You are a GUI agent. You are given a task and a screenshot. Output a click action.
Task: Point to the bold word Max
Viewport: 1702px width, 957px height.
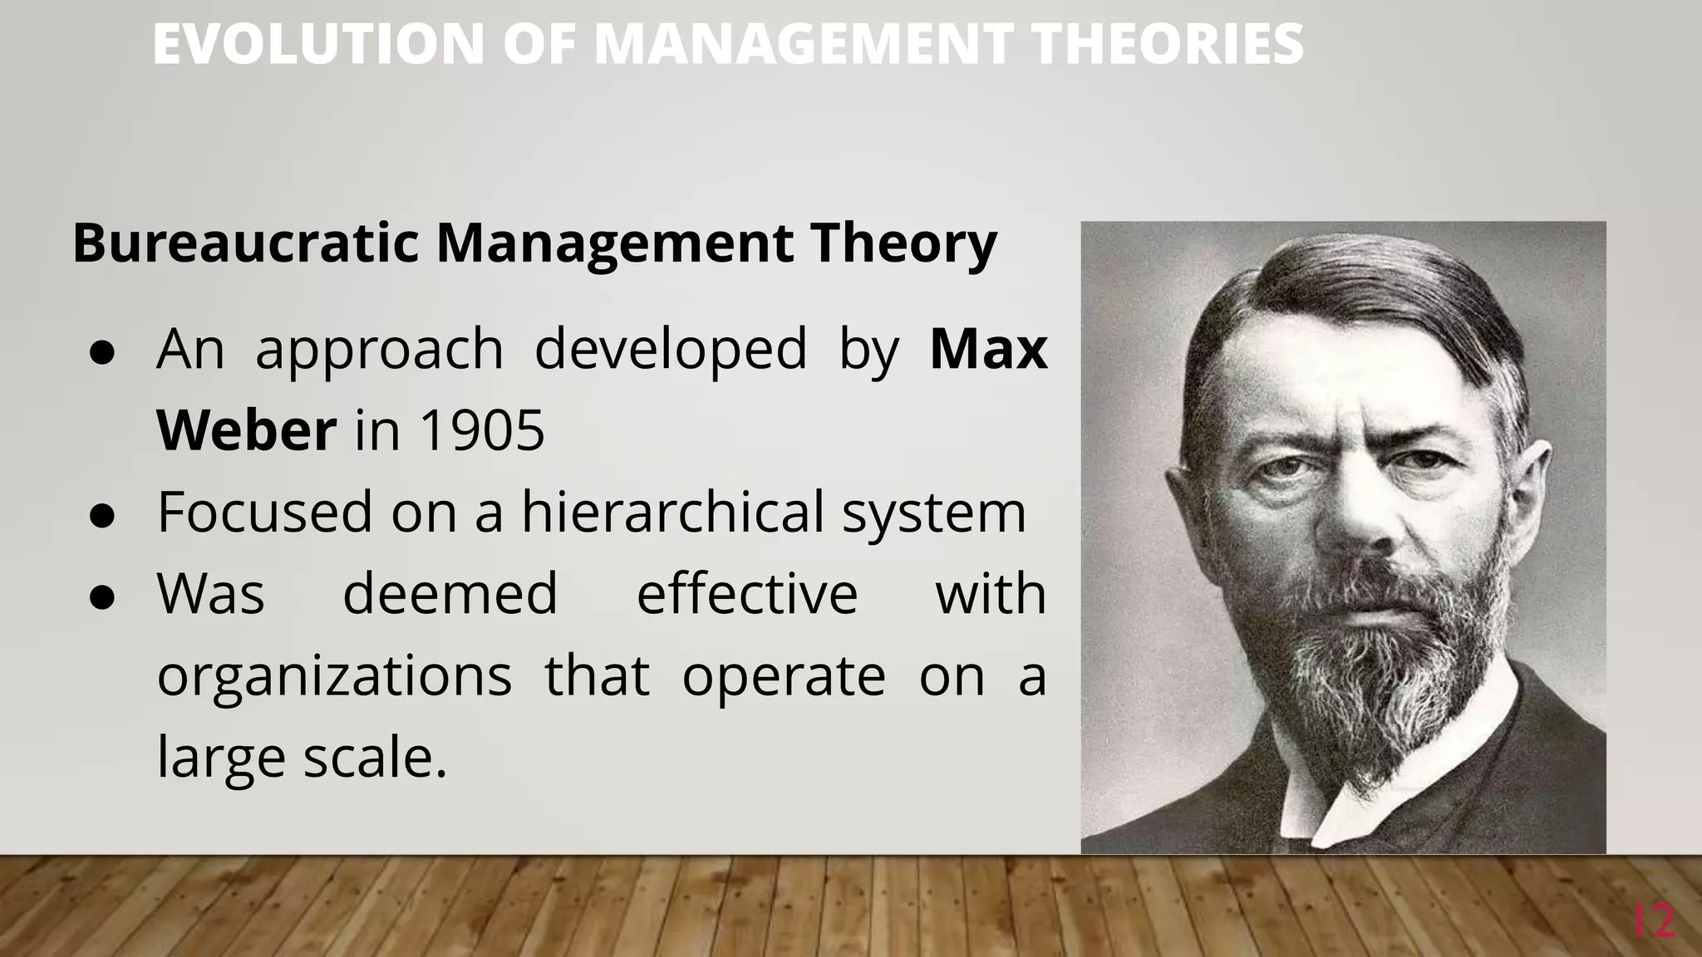(x=988, y=349)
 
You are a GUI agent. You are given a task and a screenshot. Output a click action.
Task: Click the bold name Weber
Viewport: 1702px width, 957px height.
(x=246, y=430)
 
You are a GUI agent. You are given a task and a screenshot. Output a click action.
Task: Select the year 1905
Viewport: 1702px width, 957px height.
(x=482, y=430)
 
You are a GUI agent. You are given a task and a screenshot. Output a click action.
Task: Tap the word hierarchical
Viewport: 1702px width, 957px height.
(x=672, y=512)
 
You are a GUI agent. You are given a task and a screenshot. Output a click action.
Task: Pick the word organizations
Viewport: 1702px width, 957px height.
(x=334, y=675)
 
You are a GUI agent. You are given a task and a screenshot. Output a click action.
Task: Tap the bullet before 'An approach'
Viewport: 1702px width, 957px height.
(x=101, y=352)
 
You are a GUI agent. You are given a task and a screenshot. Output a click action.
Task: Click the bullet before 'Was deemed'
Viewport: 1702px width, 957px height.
(x=101, y=597)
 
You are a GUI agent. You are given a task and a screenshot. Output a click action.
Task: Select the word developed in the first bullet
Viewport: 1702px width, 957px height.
(x=671, y=349)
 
